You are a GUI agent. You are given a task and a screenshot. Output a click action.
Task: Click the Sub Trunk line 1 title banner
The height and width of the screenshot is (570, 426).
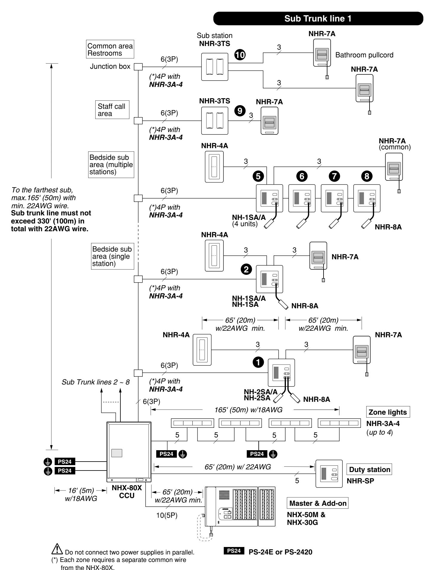(320, 19)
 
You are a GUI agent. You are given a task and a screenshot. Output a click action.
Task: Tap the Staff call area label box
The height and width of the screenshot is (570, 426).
(111, 109)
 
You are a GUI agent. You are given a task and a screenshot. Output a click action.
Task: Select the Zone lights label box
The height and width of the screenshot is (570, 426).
(388, 412)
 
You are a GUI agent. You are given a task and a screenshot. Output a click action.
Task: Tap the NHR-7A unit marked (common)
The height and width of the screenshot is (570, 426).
(394, 169)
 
